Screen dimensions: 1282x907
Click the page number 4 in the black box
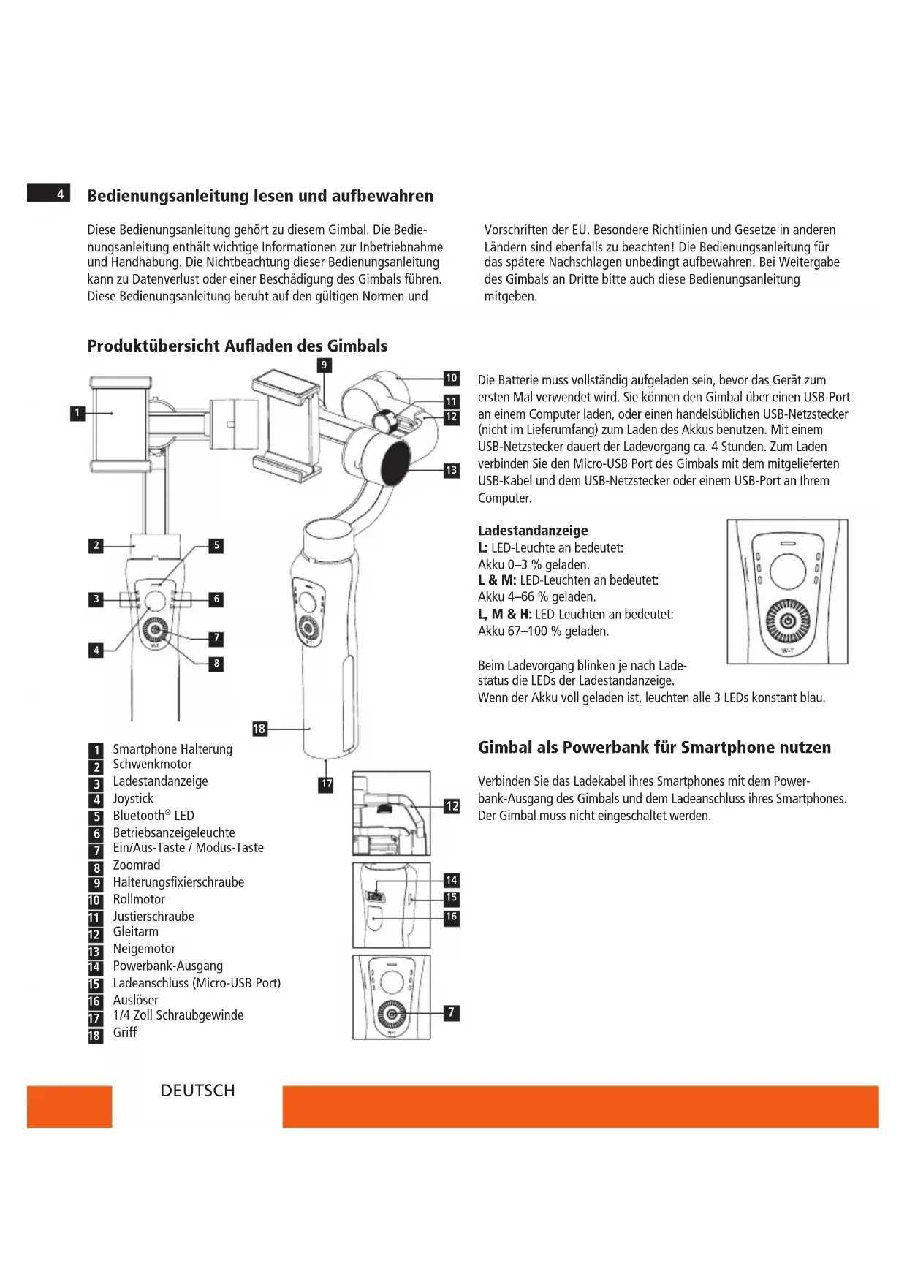tap(60, 194)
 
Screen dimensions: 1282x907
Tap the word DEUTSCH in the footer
tap(197, 1091)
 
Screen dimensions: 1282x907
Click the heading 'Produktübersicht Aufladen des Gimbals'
tap(237, 346)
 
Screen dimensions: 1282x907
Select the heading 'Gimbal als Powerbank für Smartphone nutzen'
tap(654, 747)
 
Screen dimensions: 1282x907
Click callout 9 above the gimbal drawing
tap(324, 365)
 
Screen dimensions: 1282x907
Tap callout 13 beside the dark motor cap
tap(452, 470)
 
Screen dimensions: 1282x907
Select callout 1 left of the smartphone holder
tap(77, 413)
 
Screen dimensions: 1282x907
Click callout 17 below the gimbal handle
tap(326, 784)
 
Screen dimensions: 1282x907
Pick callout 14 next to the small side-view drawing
tap(452, 880)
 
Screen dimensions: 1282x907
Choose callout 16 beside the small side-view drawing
tap(452, 917)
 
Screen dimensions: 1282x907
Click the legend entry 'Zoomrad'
tap(136, 865)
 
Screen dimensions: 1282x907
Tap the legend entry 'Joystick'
tap(133, 798)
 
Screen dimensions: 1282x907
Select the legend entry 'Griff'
tap(124, 1032)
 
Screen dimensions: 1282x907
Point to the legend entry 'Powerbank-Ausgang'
tap(167, 966)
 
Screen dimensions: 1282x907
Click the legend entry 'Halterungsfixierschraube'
tap(178, 881)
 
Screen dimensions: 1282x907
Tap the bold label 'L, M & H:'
tap(504, 614)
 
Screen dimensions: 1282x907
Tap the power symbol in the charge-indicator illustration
tap(788, 621)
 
